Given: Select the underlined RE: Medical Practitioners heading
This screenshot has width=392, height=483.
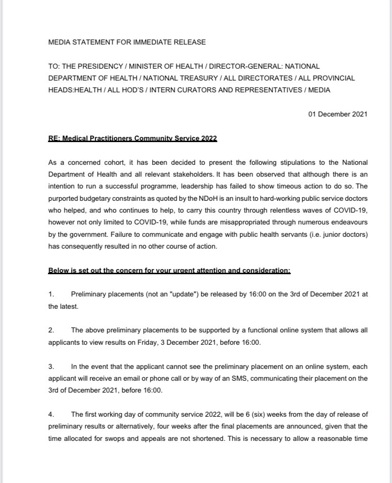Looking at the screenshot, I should click(x=133, y=138).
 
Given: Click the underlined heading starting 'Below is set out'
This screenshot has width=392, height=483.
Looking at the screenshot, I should click(x=169, y=271).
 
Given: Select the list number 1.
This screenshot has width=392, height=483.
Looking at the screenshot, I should click(x=51, y=295).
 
